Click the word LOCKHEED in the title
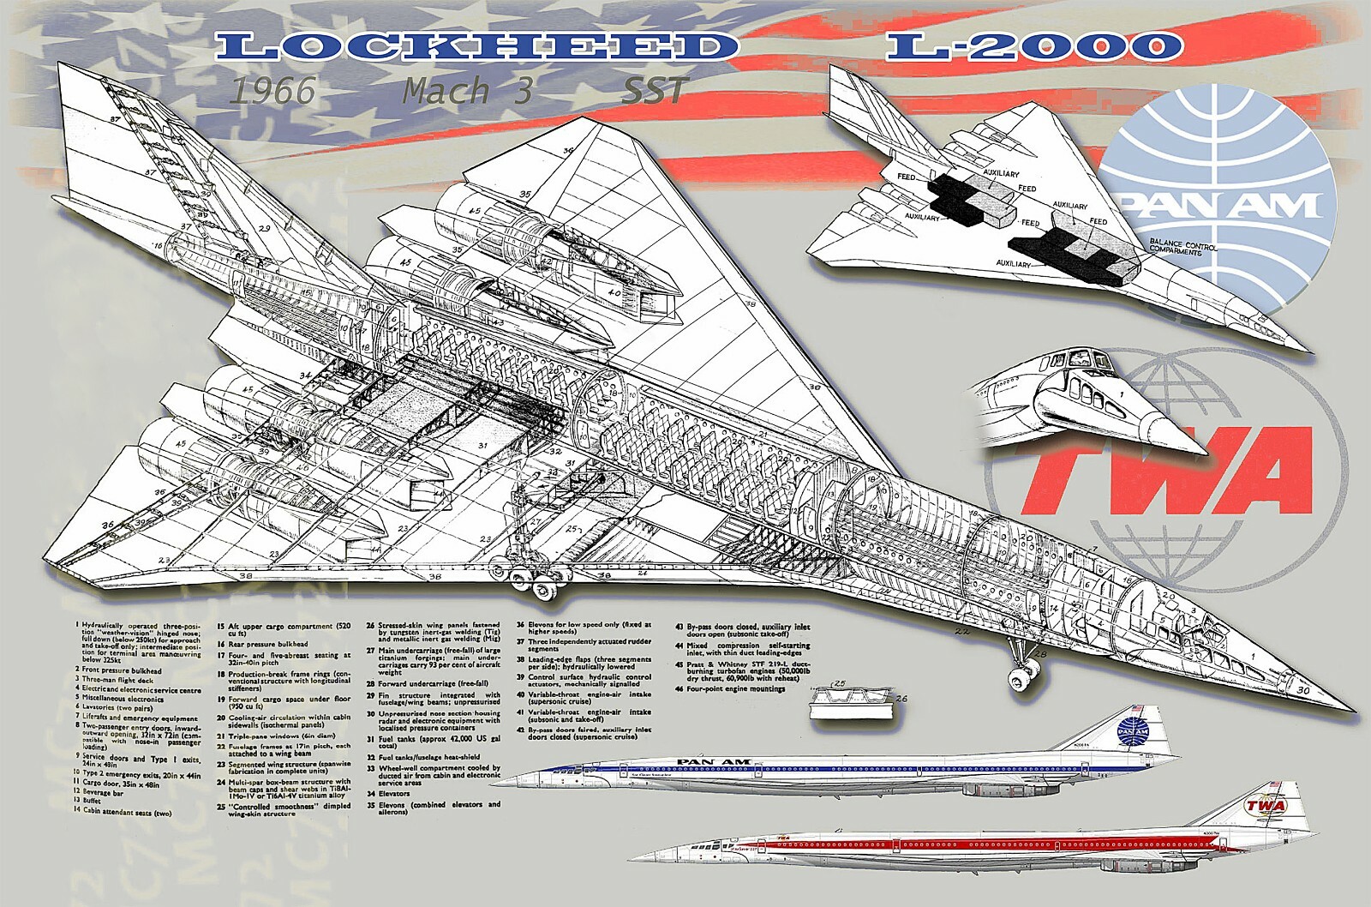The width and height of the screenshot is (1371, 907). [476, 46]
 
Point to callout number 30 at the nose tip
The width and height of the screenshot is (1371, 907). [1303, 689]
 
